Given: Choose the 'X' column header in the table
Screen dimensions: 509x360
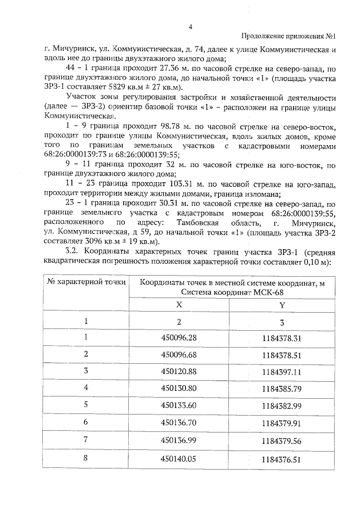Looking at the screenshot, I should click(179, 304).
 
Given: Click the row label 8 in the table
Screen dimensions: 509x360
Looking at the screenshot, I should click(86, 458).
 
